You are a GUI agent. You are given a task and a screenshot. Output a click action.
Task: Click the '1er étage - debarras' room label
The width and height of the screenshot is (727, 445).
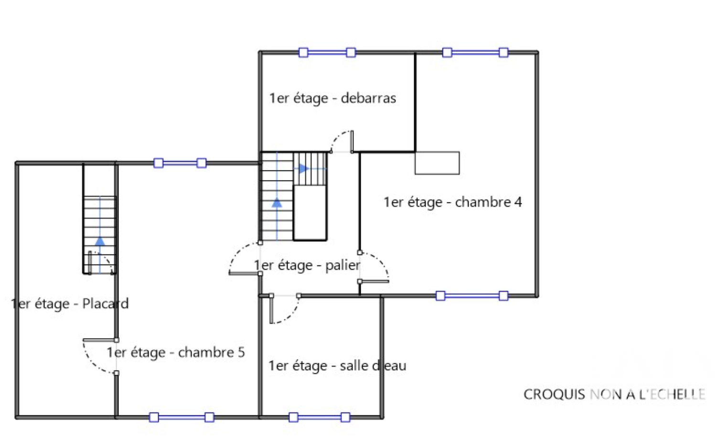[332, 98]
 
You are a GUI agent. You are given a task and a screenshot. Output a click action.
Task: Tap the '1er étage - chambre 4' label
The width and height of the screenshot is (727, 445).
[453, 202]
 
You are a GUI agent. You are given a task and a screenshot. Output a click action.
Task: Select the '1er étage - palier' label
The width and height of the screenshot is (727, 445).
[307, 265]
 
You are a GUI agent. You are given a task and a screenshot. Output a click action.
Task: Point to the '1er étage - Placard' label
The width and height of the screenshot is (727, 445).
[70, 304]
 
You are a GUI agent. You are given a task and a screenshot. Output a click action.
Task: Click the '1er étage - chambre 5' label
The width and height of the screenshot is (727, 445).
[176, 352]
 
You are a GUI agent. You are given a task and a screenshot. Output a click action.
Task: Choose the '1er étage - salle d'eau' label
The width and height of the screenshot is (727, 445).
[337, 366]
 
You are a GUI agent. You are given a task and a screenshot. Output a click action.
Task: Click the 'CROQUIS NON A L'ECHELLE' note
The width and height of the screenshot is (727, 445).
[614, 394]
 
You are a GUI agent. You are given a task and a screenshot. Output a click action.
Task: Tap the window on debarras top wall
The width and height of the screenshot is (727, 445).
[327, 53]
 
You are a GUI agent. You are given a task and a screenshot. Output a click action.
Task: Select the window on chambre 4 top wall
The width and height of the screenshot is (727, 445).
[475, 53]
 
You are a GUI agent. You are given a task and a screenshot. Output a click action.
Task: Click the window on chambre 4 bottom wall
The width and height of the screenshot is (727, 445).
[472, 296]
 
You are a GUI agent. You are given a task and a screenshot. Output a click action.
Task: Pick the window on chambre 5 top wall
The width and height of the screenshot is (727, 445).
[180, 163]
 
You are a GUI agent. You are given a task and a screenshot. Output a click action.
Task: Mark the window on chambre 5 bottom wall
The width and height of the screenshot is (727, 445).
[182, 417]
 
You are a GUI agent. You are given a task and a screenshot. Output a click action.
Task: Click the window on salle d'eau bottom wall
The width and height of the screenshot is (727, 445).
[320, 417]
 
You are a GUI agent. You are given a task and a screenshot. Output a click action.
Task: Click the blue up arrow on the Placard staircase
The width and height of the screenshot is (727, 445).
[100, 241]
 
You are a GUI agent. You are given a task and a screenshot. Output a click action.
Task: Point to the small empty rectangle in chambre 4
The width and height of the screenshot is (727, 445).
[437, 163]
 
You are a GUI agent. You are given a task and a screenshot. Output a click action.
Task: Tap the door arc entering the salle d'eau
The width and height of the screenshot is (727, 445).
[290, 315]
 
